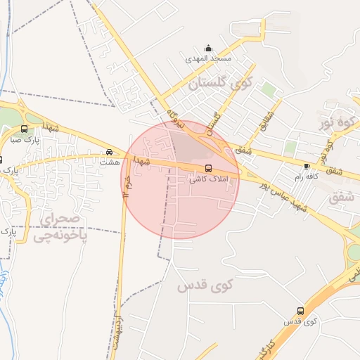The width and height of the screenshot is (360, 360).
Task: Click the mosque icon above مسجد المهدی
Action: (x=208, y=49)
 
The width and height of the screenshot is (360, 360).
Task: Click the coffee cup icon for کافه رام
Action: (x=307, y=166)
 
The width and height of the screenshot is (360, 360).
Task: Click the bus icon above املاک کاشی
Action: (x=208, y=168)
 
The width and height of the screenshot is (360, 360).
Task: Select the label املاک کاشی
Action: (x=207, y=179)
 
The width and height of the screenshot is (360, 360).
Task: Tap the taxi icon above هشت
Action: (x=109, y=152)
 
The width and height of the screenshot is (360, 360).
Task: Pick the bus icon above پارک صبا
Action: (x=25, y=129)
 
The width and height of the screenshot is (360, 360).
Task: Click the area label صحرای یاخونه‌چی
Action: (x=63, y=227)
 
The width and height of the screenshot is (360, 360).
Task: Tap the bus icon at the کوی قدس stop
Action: (x=301, y=310)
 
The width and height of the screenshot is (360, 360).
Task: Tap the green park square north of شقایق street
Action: (x=269, y=89)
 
